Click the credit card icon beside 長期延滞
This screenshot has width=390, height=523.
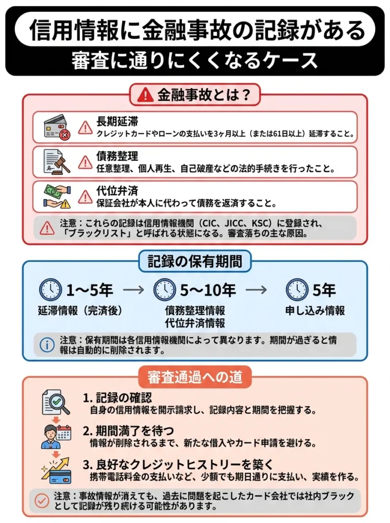(x=56, y=127)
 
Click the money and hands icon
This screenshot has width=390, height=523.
(x=56, y=196)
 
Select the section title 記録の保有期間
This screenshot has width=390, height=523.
(x=195, y=261)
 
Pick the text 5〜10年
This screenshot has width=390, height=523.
(x=207, y=290)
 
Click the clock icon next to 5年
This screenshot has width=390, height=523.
(x=297, y=290)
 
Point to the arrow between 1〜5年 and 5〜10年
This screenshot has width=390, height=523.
(x=134, y=290)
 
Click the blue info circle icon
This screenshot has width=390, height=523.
(x=47, y=344)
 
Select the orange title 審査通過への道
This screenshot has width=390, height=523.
(x=195, y=377)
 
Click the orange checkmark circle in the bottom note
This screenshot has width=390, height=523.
(x=42, y=500)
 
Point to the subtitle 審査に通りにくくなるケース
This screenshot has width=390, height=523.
(x=195, y=61)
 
